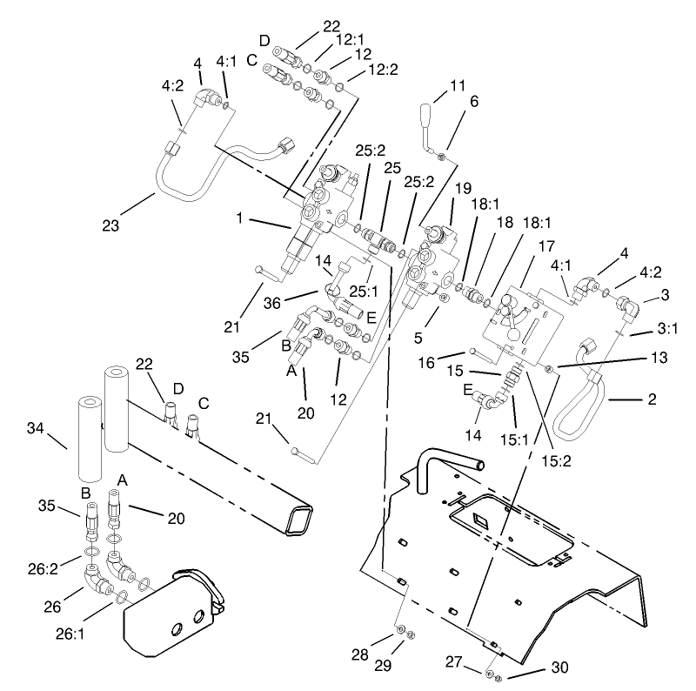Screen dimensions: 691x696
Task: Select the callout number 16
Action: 452,356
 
